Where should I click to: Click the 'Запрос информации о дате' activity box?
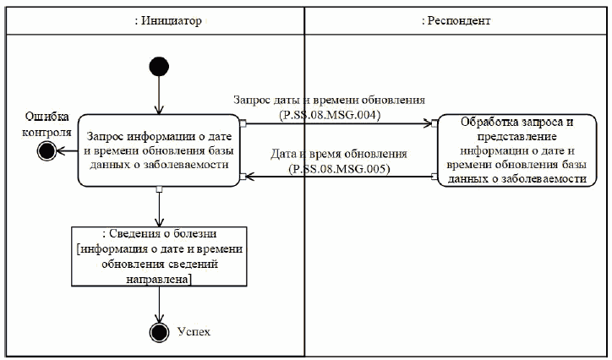[x=158, y=150]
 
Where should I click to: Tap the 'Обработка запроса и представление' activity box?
[x=522, y=150]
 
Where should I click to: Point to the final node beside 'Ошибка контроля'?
[x=46, y=150]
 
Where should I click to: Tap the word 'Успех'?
[x=194, y=330]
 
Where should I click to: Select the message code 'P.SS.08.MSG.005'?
[x=336, y=168]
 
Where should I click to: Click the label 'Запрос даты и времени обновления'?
[x=335, y=100]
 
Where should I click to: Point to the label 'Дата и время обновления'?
[x=337, y=155]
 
